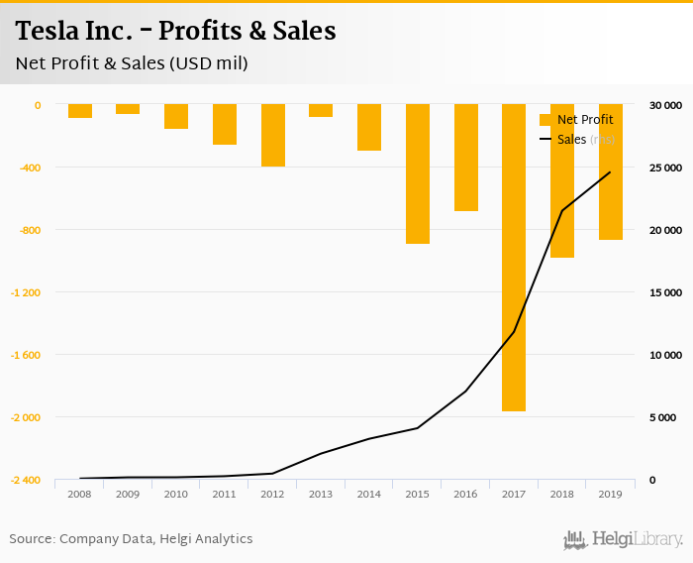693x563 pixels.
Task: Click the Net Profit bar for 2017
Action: pos(514,258)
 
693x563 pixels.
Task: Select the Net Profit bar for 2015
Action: pos(418,173)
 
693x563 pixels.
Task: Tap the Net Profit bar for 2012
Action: pos(273,135)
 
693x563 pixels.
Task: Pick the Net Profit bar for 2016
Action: pos(466,158)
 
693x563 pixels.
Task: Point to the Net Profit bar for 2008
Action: pos(80,111)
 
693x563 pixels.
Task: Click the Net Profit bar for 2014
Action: pos(369,127)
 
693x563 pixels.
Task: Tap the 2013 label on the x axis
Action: pos(321,494)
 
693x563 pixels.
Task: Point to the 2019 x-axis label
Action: pos(610,494)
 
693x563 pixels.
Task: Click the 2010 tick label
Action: pos(176,494)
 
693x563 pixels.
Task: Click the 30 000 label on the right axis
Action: pos(664,105)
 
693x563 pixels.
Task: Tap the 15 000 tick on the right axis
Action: pos(664,292)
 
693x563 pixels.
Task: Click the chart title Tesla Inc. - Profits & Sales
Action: pos(176,32)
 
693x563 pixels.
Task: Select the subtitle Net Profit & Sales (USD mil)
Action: pos(132,63)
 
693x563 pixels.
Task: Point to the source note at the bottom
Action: pos(131,539)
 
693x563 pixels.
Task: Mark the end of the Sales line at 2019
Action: pos(610,172)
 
